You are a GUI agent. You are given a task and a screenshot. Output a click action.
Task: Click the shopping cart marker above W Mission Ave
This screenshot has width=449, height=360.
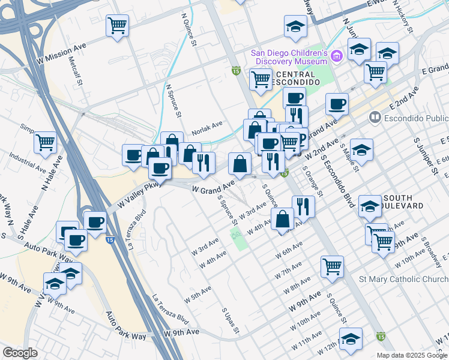click(118, 26)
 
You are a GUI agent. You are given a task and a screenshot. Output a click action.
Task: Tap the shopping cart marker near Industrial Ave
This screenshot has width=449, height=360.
click(45, 143)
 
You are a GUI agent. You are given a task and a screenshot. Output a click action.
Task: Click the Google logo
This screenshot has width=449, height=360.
click(20, 353)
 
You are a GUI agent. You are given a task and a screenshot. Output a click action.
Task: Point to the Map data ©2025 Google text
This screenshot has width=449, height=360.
click(412, 355)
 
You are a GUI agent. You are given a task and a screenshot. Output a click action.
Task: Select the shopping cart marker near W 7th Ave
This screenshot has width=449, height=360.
click(332, 266)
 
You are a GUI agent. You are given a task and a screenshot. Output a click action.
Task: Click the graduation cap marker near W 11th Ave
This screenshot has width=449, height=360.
click(351, 339)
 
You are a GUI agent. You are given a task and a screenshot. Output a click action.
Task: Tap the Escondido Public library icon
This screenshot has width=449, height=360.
click(376, 117)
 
